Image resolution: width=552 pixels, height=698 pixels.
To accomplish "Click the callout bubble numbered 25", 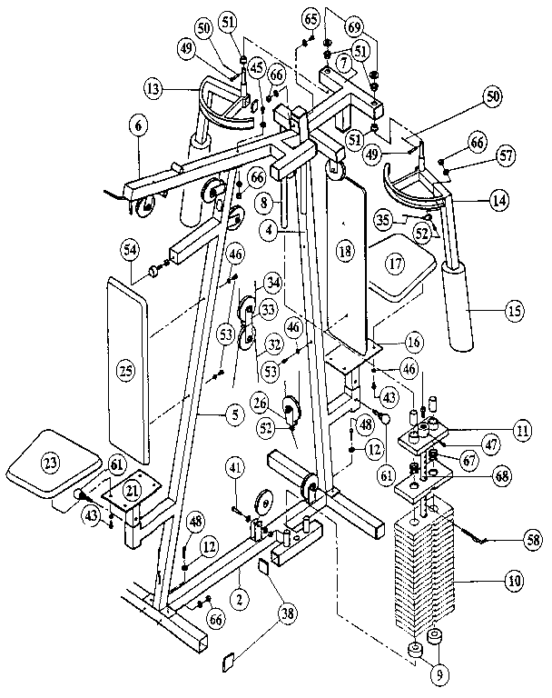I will pos(124,371).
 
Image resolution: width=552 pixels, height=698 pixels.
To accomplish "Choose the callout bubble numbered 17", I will pos(394,265).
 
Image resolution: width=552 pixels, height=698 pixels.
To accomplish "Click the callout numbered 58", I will pos(530,539).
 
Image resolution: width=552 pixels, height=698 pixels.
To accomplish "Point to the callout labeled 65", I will pos(310,18).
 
